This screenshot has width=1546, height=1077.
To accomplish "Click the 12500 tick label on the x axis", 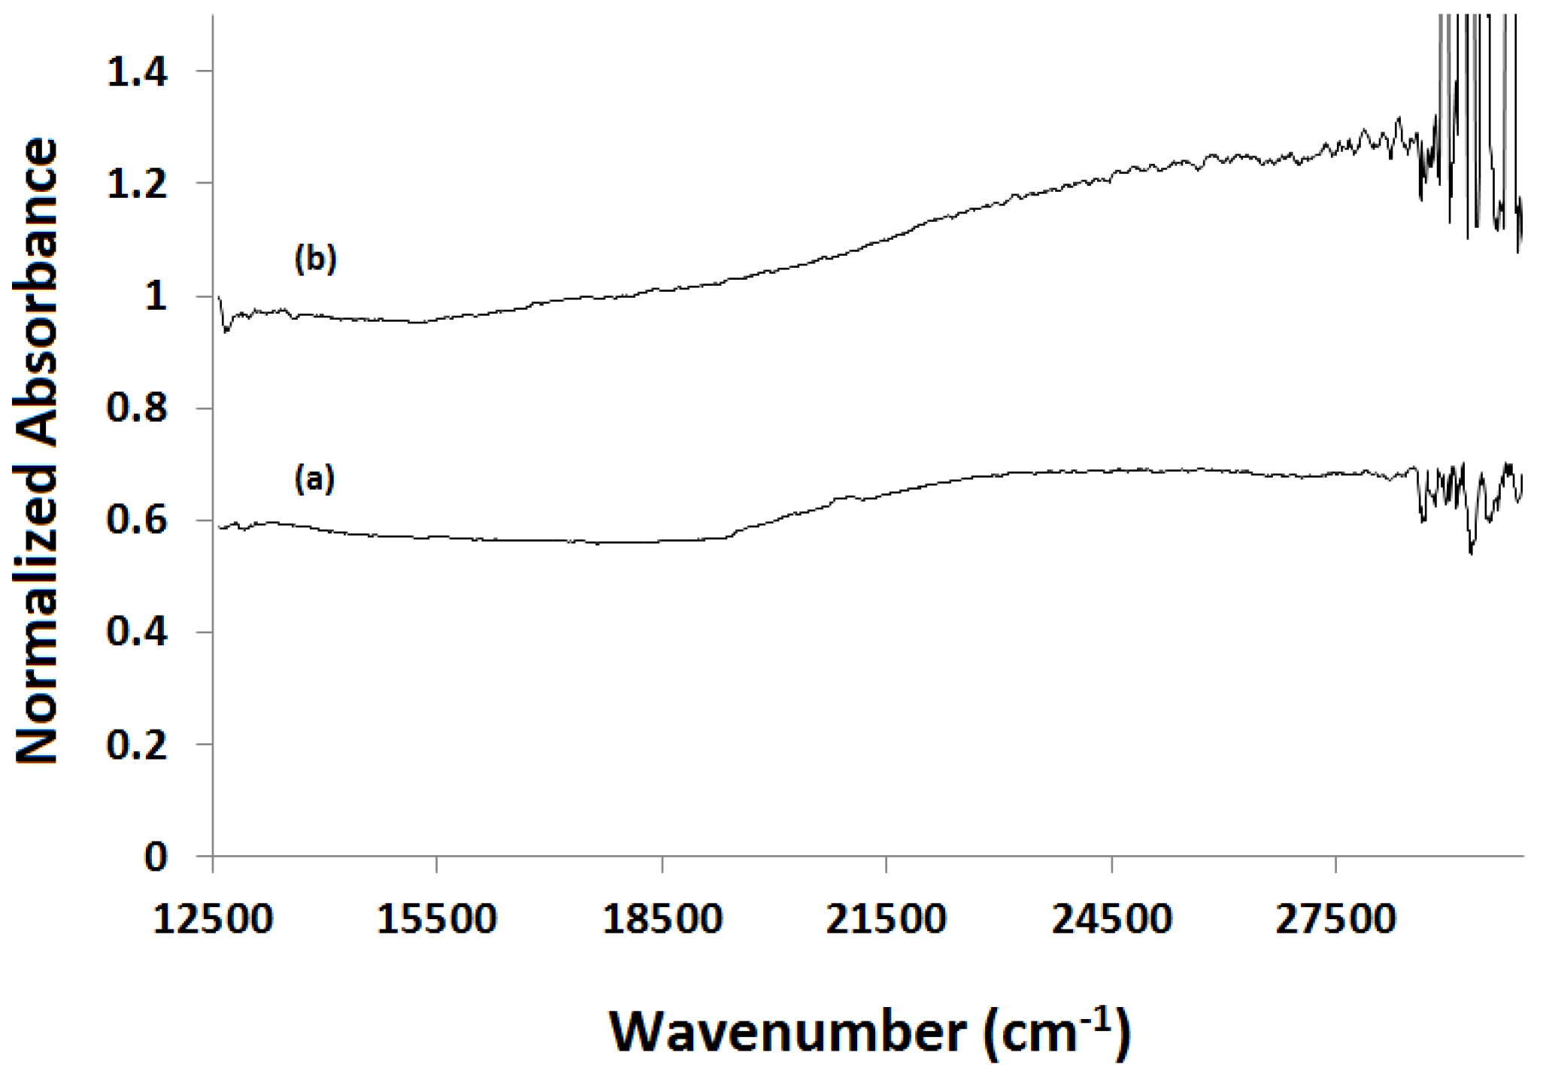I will click(213, 919).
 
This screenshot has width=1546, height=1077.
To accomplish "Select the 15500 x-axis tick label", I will click(437, 919).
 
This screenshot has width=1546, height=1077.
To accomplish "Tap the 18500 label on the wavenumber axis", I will click(662, 919).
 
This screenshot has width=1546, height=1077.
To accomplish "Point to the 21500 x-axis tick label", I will click(886, 919).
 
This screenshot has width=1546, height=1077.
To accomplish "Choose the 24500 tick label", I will click(1111, 919).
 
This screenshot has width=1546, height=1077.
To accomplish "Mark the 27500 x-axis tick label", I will click(1335, 919).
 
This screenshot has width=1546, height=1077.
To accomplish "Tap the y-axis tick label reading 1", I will click(156, 296).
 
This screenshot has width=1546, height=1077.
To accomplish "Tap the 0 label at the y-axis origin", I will click(156, 857).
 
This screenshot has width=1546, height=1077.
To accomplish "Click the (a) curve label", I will click(314, 478).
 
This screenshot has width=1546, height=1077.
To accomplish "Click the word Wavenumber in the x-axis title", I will click(787, 1033).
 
